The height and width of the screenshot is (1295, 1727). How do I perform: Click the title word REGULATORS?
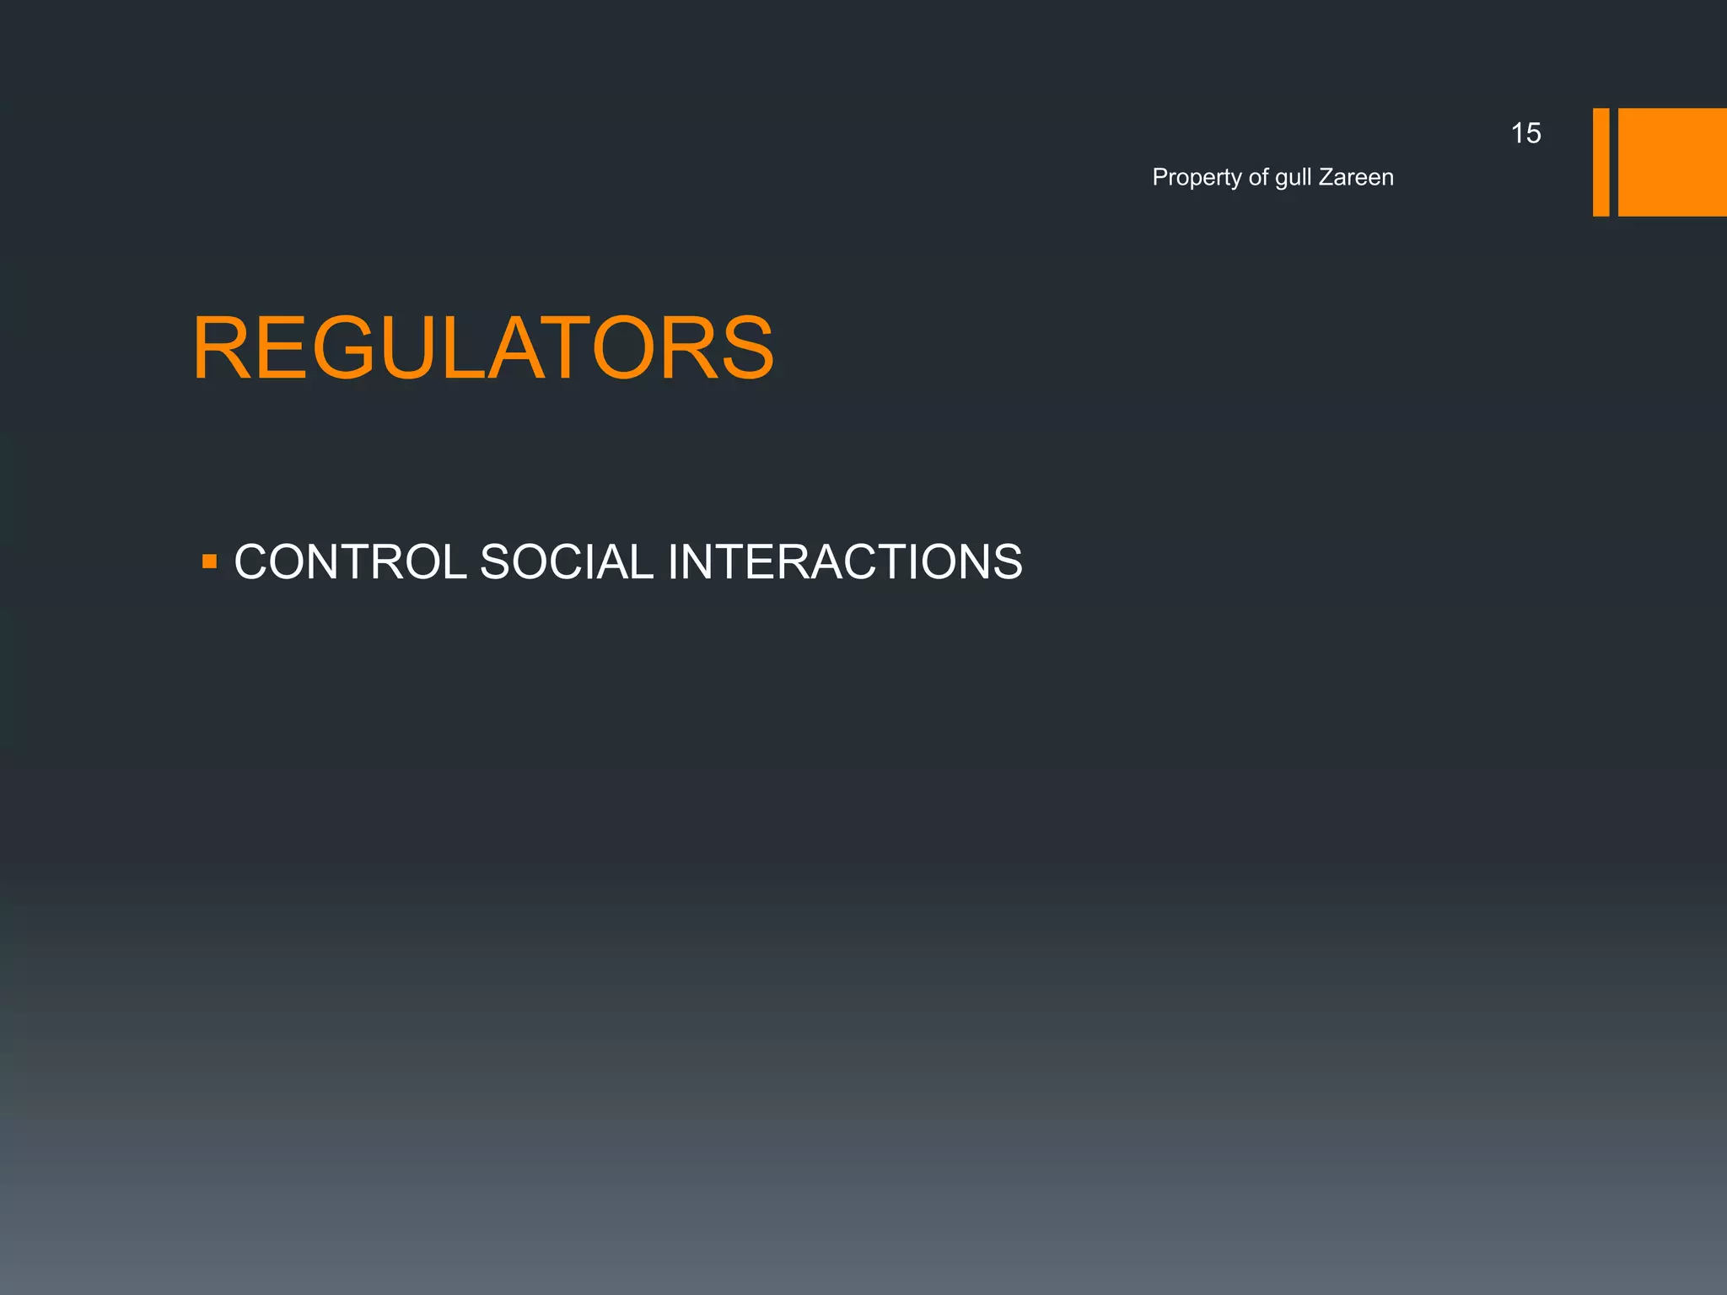482,348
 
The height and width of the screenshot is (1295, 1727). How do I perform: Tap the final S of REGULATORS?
744,348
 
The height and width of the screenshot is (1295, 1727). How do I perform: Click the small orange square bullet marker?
210,561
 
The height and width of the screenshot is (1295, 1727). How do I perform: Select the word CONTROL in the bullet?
350,562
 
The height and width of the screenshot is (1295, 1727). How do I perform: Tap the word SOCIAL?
566,562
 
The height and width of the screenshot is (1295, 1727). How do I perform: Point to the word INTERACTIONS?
845,562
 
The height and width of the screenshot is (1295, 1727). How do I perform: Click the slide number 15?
1525,133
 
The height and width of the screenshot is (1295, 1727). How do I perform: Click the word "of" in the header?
1258,177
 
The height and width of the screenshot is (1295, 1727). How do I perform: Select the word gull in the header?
1293,178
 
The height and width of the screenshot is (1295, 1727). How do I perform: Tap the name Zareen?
1356,177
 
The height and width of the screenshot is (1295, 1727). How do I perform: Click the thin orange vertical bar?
1601,162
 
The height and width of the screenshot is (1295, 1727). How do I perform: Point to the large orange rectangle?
1672,162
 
